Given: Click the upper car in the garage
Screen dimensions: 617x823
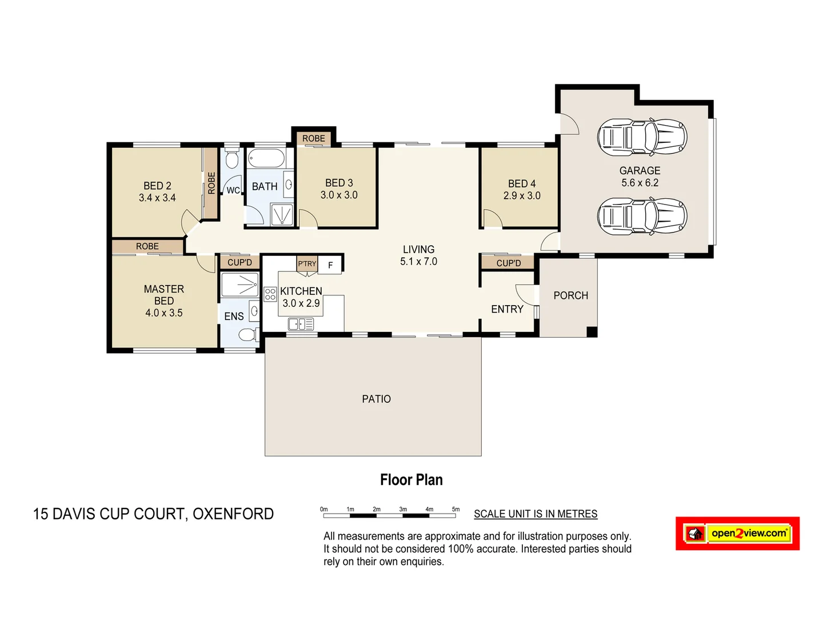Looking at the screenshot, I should coord(642,137).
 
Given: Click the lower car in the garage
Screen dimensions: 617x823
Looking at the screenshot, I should coord(642,216).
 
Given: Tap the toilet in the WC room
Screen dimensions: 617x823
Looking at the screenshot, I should coord(231,159).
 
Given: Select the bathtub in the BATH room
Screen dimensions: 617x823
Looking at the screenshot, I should coord(266,158).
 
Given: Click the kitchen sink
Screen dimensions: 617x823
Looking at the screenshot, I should coord(301,324).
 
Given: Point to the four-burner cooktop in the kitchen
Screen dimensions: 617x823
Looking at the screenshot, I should coord(270,294).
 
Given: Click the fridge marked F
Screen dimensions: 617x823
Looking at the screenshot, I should coord(330,265).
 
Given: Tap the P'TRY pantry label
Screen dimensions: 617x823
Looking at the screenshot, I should coord(307,264).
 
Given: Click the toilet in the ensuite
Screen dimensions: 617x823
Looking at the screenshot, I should coord(247,334).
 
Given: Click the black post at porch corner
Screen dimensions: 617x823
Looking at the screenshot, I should coord(592,331).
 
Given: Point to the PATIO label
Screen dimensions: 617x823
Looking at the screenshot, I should coord(376,399).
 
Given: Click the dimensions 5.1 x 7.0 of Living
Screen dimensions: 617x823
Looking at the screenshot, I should coord(418,262).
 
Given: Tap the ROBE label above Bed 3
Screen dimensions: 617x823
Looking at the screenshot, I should coord(313,138).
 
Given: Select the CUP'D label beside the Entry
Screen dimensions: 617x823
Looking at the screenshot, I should coord(508,263).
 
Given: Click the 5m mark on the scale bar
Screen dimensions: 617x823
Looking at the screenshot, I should coord(456,509).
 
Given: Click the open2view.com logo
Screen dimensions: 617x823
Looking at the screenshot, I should coord(737,534).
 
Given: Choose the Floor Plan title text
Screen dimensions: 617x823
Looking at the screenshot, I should coord(411,480).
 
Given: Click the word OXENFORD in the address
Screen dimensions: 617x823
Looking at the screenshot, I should coord(233,514).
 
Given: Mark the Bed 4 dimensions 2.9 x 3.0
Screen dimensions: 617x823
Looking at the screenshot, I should coord(522,195).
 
